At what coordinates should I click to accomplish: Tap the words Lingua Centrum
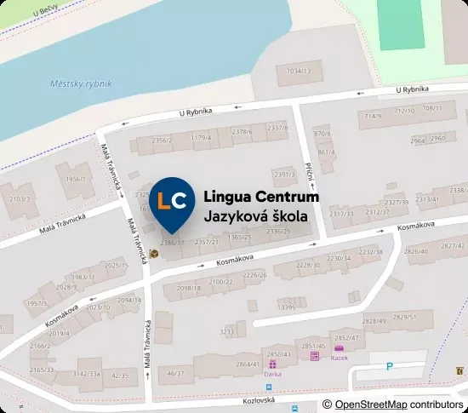[261, 197]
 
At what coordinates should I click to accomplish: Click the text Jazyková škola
[256, 216]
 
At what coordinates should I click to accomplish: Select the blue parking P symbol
[390, 366]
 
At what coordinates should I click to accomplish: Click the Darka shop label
[274, 373]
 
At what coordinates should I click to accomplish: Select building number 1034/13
[299, 71]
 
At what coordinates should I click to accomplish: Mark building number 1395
[288, 307]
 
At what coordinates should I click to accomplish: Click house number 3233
[227, 331]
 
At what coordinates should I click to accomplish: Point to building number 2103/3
[18, 199]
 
